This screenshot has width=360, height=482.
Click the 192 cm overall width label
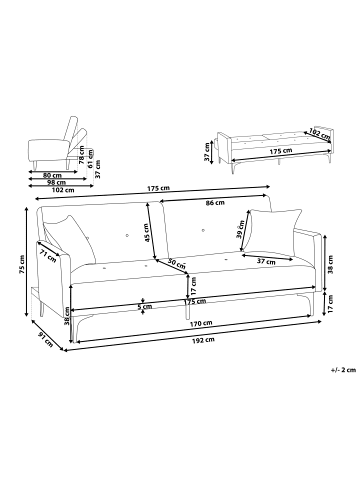tap(203, 340)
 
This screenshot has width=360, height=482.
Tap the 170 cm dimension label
tap(201, 323)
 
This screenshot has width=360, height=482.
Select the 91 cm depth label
tap(46, 339)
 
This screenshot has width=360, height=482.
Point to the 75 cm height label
tap(22, 265)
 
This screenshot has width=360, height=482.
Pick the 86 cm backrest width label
tap(215, 203)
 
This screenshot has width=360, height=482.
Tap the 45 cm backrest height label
tap(147, 233)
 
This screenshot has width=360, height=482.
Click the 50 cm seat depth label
tap(177, 263)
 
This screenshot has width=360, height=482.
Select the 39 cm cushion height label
tap(240, 229)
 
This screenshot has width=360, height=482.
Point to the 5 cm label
tap(145, 306)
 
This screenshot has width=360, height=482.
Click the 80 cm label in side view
tap(53, 175)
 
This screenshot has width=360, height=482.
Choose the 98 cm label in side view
tap(57, 182)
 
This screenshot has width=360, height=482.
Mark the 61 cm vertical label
tap(89, 159)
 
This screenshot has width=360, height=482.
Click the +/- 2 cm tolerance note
tap(343, 370)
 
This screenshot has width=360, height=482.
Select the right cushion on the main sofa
tap(274, 232)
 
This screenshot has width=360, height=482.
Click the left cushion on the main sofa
tap(71, 238)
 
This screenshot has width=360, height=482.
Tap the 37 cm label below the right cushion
tap(266, 262)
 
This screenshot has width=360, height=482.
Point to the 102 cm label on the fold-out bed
tap(318, 133)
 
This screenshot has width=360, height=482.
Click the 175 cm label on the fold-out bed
tap(281, 151)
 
